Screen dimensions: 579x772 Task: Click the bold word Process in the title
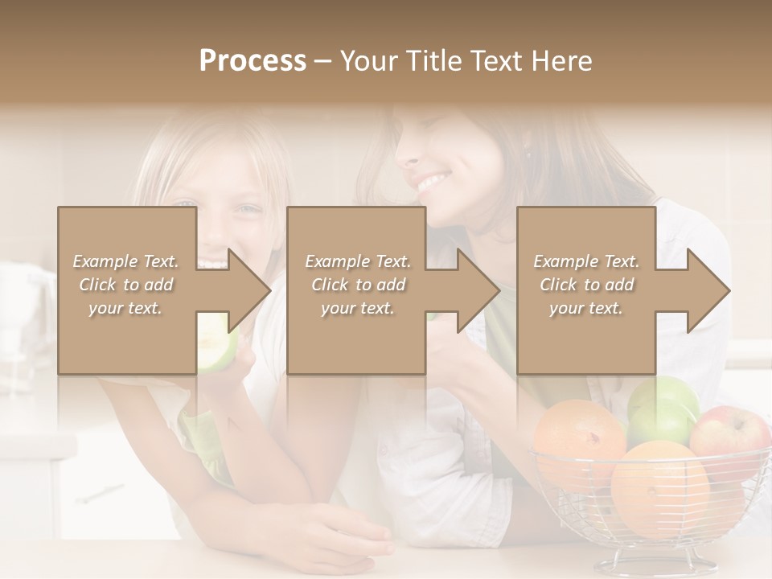(253, 61)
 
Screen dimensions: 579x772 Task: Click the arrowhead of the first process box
(249, 290)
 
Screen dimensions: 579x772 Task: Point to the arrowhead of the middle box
(478, 290)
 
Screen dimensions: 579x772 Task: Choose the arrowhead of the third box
(708, 290)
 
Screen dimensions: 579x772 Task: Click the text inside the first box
(125, 285)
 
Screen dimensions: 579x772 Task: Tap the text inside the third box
(586, 285)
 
